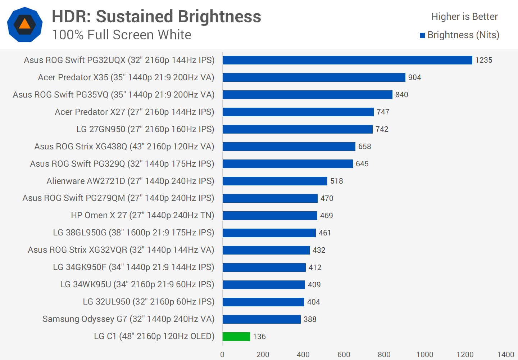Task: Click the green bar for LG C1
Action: point(236,337)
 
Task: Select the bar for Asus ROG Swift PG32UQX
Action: point(347,60)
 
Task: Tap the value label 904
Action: point(414,77)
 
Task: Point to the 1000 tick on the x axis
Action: point(424,355)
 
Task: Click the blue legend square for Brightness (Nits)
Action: point(422,35)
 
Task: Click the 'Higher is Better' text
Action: point(464,17)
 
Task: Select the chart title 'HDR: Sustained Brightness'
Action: point(156,17)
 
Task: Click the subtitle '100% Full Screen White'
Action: point(122,35)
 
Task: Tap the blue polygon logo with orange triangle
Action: point(25,24)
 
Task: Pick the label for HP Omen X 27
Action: point(142,215)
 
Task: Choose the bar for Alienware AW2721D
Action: point(275,181)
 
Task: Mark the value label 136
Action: point(259,337)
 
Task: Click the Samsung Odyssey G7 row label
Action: point(128,319)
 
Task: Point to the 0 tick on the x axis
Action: point(222,355)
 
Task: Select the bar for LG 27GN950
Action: point(297,129)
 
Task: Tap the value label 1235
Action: point(483,60)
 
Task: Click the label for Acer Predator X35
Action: point(126,77)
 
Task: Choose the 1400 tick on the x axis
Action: point(505,355)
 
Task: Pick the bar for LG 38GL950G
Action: point(269,233)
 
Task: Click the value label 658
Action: point(364,147)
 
